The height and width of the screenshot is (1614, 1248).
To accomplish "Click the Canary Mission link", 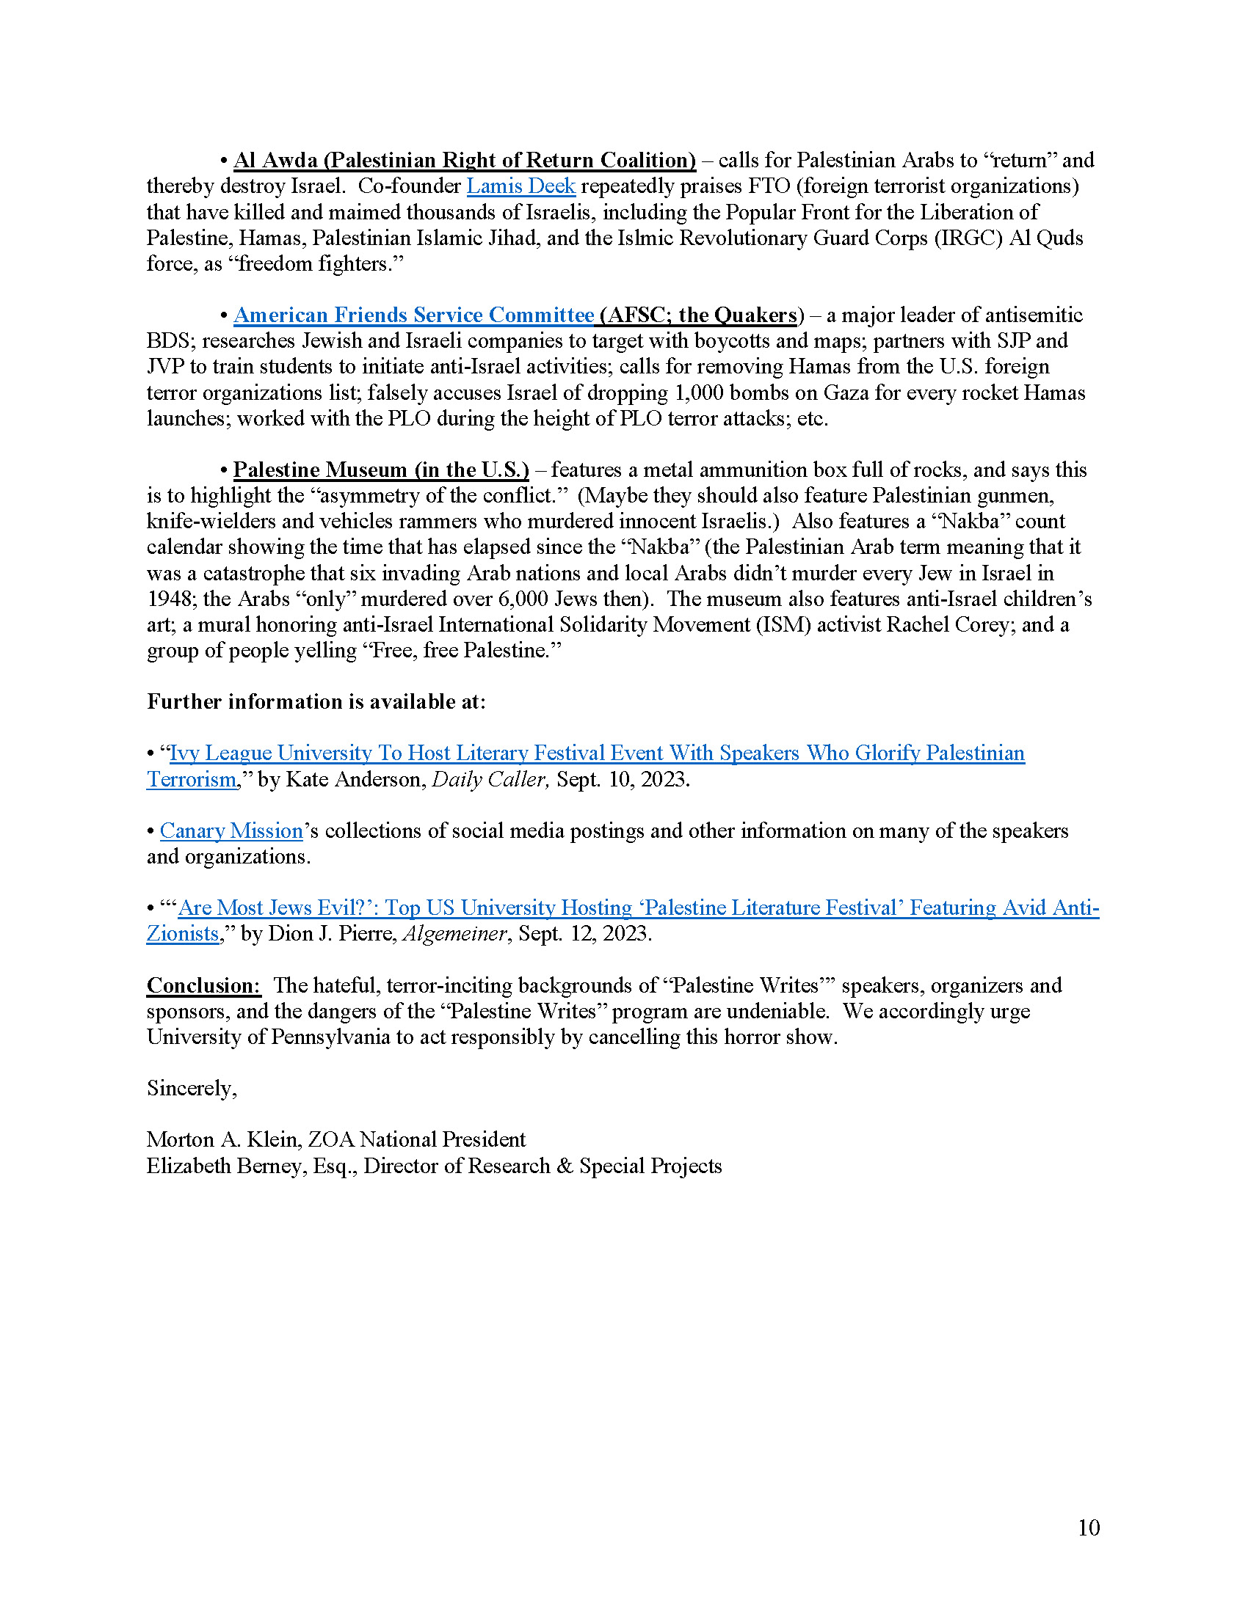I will (231, 830).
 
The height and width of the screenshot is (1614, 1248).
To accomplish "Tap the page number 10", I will (1088, 1527).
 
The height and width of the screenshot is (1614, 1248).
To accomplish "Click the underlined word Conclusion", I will (203, 985).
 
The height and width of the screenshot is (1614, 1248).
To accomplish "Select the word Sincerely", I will (192, 1088).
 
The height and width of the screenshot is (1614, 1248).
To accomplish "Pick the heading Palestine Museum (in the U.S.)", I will (381, 470).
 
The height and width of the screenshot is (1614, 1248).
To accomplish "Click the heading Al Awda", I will (275, 161).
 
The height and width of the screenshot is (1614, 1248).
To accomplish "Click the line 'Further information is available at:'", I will (316, 701).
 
